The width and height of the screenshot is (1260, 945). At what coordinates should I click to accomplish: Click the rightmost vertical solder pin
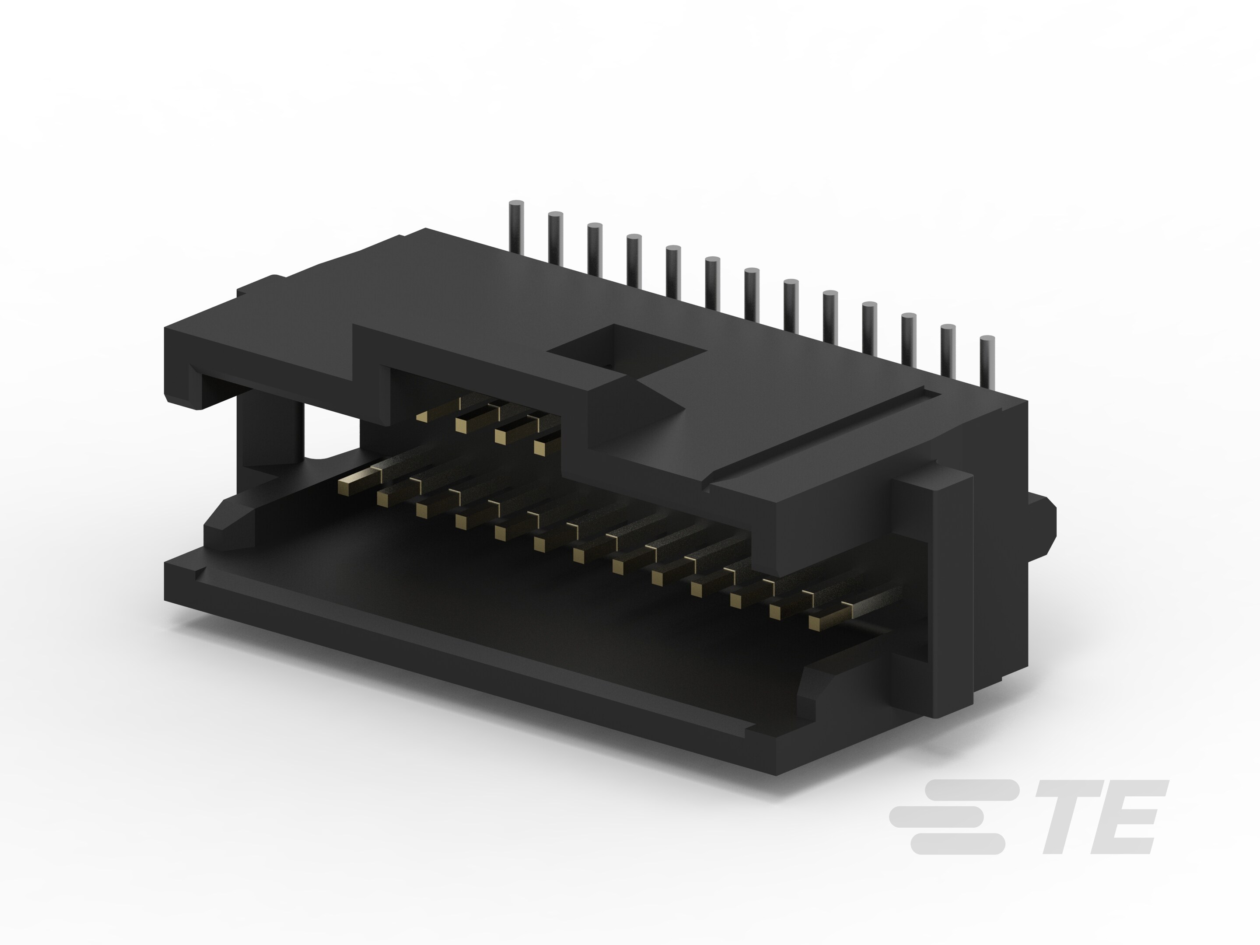point(987,362)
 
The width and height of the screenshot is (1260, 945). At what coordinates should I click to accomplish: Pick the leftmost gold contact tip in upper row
point(422,417)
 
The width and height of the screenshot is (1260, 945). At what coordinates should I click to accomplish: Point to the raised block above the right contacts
point(798,507)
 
